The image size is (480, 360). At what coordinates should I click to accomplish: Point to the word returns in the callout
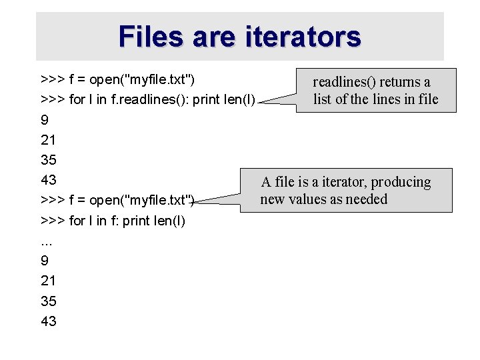click(x=403, y=82)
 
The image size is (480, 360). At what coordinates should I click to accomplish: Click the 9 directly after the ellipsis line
click(x=44, y=261)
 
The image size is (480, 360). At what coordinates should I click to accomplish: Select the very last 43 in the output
click(x=49, y=321)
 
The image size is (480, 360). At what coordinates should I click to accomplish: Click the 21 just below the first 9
click(x=48, y=140)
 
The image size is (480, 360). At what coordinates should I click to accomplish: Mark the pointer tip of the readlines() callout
click(x=258, y=104)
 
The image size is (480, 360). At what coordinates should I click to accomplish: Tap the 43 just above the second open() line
click(x=49, y=180)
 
